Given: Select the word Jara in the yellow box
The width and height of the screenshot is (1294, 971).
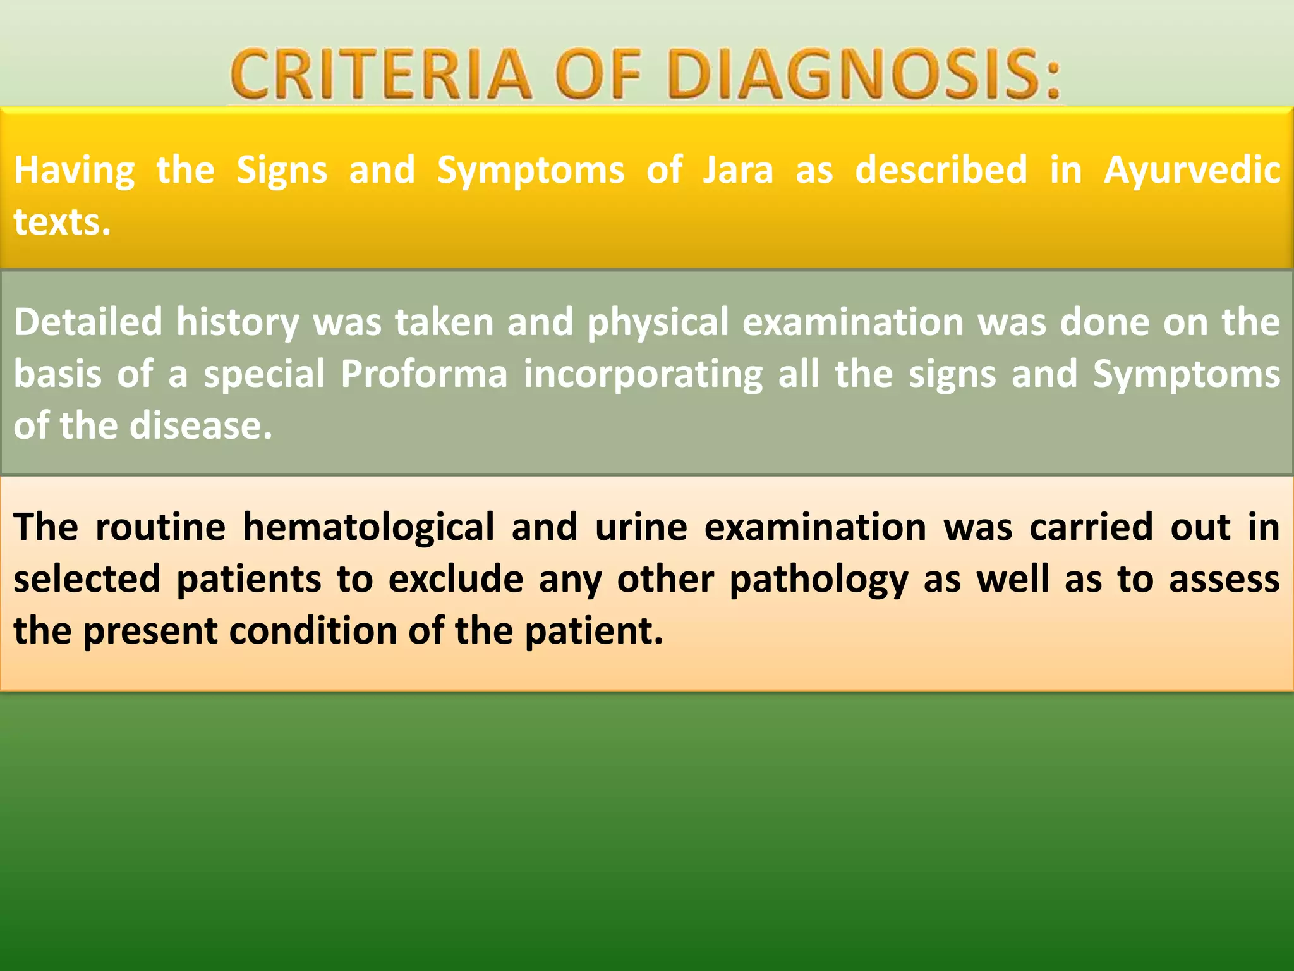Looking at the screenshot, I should tap(738, 171).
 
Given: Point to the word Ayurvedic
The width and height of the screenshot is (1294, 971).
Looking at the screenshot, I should tap(1192, 171).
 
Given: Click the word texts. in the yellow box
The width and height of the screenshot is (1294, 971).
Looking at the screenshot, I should tap(62, 223).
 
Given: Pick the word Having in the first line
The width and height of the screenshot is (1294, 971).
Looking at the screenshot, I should tap(75, 171).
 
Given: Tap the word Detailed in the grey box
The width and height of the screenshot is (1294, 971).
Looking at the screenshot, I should tap(88, 322).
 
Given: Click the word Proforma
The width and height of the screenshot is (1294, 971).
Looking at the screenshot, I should tap(424, 374).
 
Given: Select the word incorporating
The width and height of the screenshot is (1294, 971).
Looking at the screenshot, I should tap(643, 374).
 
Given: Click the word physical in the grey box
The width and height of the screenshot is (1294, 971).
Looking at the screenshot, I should tap(658, 322).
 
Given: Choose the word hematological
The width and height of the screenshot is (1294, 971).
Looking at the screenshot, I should tap(368, 527).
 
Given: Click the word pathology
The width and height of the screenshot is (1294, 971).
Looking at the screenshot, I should tap(819, 579).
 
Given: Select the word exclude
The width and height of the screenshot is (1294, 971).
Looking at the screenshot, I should tap(456, 579).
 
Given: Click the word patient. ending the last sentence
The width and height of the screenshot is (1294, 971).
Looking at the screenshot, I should tap(594, 631).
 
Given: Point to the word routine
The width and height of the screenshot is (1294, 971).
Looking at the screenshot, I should tap(160, 527).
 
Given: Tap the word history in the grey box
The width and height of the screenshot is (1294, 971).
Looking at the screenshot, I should tap(238, 322).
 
